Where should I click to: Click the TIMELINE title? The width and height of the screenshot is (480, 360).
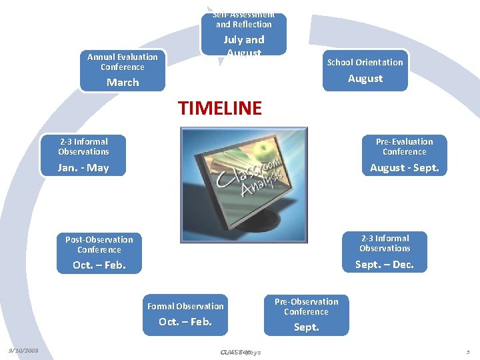pyautogui.click(x=220, y=107)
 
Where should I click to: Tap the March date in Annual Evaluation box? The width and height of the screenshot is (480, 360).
pyautogui.click(x=123, y=83)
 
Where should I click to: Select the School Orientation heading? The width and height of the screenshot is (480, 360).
pyautogui.click(x=365, y=62)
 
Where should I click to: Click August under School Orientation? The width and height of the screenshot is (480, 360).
pyautogui.click(x=365, y=79)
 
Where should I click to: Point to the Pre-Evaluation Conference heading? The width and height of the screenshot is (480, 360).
pyautogui.click(x=404, y=147)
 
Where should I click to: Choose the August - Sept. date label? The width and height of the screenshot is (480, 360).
pyautogui.click(x=404, y=168)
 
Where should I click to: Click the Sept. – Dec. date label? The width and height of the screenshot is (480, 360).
pyautogui.click(x=385, y=265)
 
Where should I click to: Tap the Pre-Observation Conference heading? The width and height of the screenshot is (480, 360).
pyautogui.click(x=306, y=307)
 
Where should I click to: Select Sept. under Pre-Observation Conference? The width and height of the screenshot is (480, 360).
pyautogui.click(x=307, y=327)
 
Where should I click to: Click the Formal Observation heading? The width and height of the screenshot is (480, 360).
pyautogui.click(x=185, y=307)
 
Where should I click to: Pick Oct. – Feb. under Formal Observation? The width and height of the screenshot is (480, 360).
pyautogui.click(x=185, y=322)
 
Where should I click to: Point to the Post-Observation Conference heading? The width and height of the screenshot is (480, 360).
pyautogui.click(x=99, y=245)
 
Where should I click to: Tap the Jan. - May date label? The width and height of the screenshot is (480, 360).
pyautogui.click(x=83, y=168)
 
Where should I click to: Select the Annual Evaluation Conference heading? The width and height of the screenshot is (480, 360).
pyautogui.click(x=123, y=62)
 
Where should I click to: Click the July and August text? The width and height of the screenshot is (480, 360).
pyautogui.click(x=244, y=46)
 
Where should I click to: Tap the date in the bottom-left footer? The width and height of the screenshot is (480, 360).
pyautogui.click(x=23, y=351)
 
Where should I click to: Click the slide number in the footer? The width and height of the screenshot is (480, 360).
pyautogui.click(x=468, y=351)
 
